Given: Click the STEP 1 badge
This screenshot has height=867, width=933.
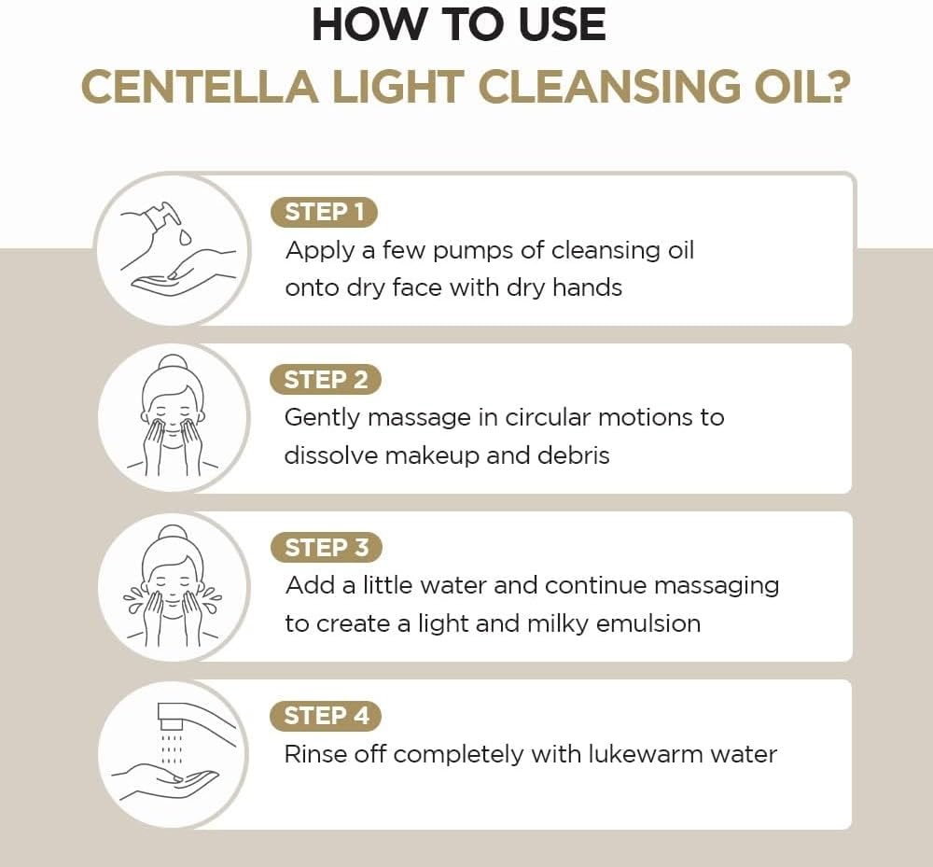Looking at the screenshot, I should (324, 212).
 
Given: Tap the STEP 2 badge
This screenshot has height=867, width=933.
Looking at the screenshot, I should (326, 380).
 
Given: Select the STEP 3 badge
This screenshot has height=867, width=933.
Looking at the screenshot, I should (326, 548).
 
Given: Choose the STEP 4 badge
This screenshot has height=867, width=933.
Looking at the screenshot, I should (326, 716).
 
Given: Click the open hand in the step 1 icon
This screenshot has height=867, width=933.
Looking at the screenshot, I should (177, 276).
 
